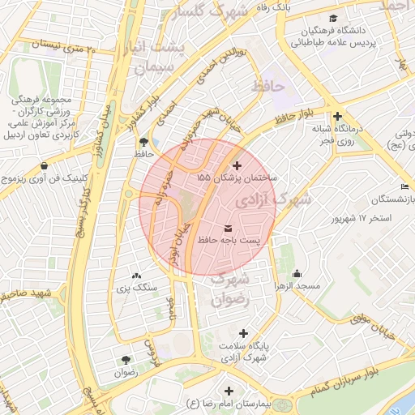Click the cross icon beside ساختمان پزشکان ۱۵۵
pos(236,165)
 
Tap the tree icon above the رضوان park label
pos(125,359)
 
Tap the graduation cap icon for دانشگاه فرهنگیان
pos(332,19)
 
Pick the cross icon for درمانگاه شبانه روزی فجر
pos(337,116)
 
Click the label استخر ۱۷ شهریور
pos(363,219)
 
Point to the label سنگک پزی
pos(135,288)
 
